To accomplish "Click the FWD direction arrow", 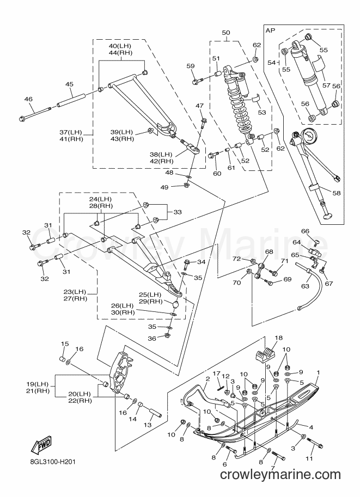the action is point(41,445).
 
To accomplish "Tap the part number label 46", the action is point(28,99).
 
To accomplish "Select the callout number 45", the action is point(69,84).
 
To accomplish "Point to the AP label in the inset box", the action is point(271,30).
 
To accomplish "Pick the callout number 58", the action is point(335,193).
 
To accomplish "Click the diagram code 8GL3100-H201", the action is point(51,462).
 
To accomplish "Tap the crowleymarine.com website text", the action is point(280,475).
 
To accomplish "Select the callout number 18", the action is point(278,338).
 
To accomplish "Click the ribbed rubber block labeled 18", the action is point(265,354).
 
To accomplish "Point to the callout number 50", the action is point(226,32).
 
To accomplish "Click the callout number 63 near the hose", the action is point(305,286).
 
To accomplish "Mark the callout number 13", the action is point(148,425).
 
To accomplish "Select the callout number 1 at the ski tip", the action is point(319,372).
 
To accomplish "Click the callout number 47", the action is point(199,106).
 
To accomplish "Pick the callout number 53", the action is point(261,112).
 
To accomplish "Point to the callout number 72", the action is point(236,259).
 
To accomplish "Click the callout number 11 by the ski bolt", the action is point(309,458).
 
